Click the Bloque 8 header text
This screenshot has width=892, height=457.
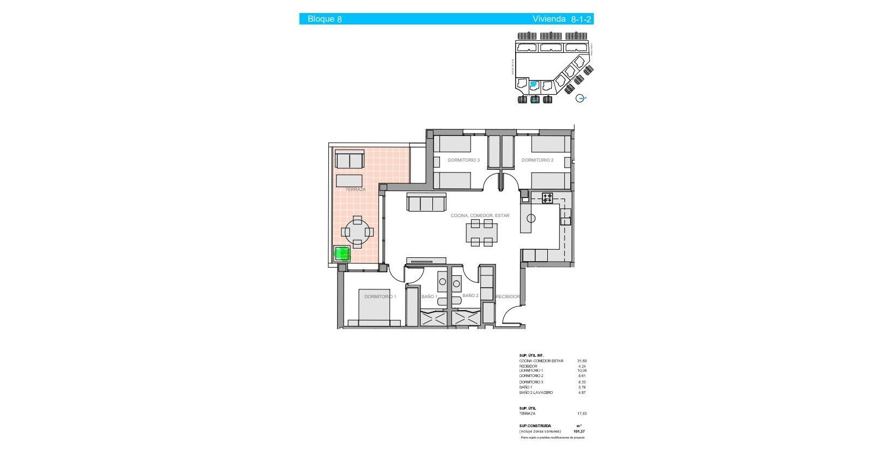325,19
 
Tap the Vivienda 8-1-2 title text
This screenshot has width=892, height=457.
561,19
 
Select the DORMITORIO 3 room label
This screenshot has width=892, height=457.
463,160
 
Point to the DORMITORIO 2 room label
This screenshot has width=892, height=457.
537,160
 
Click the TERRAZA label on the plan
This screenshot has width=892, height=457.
355,189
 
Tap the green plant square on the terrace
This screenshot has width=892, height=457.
342,254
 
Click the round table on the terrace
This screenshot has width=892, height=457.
357,232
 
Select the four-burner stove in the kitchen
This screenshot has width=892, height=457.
547,198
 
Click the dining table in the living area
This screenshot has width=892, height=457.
481,232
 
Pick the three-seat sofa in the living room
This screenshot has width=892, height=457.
426,203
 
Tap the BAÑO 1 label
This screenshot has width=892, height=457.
429,297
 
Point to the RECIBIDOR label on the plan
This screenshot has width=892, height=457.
508,297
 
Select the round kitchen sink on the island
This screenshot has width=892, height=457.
531,218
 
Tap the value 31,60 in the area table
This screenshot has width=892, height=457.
582,361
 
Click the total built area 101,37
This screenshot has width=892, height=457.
579,431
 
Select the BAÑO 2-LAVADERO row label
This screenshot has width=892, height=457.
536,392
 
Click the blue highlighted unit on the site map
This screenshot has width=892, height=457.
534,84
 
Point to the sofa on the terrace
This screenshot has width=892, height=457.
350,160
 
